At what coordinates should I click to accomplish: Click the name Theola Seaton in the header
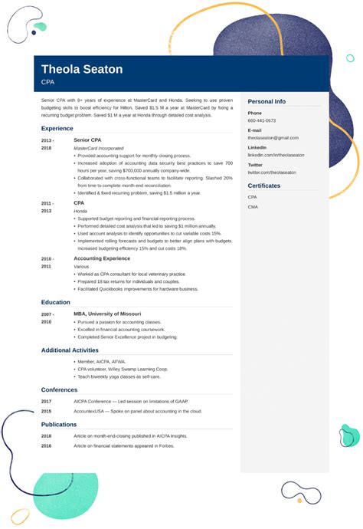pos(82,70)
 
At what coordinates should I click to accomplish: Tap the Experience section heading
pos(57,128)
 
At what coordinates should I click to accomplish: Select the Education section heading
pos(56,302)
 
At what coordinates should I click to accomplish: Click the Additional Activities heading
pos(70,350)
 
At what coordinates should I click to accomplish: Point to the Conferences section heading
pos(59,389)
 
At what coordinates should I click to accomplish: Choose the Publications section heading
pos(59,424)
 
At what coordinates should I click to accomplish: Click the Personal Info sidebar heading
pos(267,101)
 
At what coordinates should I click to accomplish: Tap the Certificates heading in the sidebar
pos(264,186)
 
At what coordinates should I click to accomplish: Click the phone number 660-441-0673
pos(262,121)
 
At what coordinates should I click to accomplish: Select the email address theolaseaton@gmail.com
pos(273,138)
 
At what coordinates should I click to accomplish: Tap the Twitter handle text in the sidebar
pos(272,172)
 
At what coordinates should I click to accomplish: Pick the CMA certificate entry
pos(253,207)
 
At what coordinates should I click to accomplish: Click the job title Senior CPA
pos(88,140)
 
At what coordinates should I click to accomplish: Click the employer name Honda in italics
pos(80,211)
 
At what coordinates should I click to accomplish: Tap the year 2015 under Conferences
pos(47,411)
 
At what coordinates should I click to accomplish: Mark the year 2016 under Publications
pos(47,445)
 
